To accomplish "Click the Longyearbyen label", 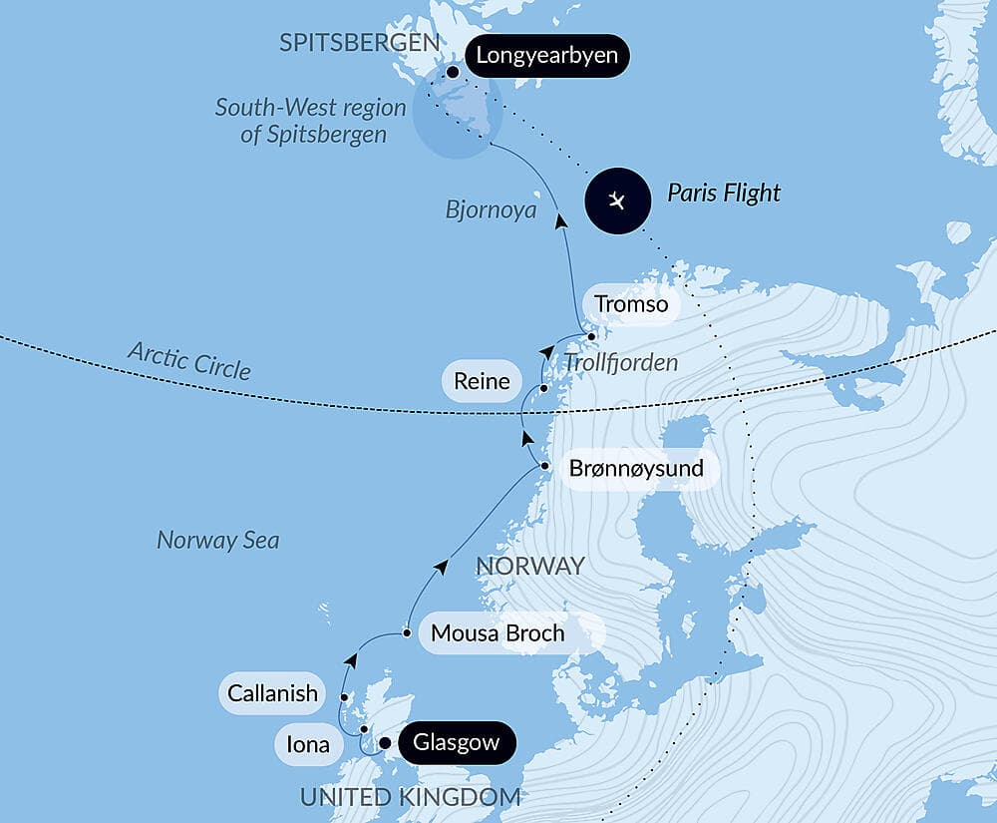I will [546, 56].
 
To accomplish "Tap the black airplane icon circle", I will [618, 201].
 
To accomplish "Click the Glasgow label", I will [456, 743].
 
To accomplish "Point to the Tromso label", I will [631, 304].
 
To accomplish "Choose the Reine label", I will [482, 381].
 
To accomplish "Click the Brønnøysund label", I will [636, 468].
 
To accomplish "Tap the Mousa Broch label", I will [498, 632].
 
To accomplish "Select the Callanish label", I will [272, 692].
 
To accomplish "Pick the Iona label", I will [308, 743].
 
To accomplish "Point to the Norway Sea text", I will [217, 541].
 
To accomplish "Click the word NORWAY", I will [529, 567].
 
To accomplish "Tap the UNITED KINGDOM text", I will [410, 797].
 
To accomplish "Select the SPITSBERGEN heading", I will [360, 43].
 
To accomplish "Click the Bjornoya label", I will [491, 210].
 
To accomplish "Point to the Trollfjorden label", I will [620, 363].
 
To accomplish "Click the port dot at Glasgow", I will [385, 742].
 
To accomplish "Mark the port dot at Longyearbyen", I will [454, 72].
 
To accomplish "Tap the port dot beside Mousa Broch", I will [407, 632].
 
